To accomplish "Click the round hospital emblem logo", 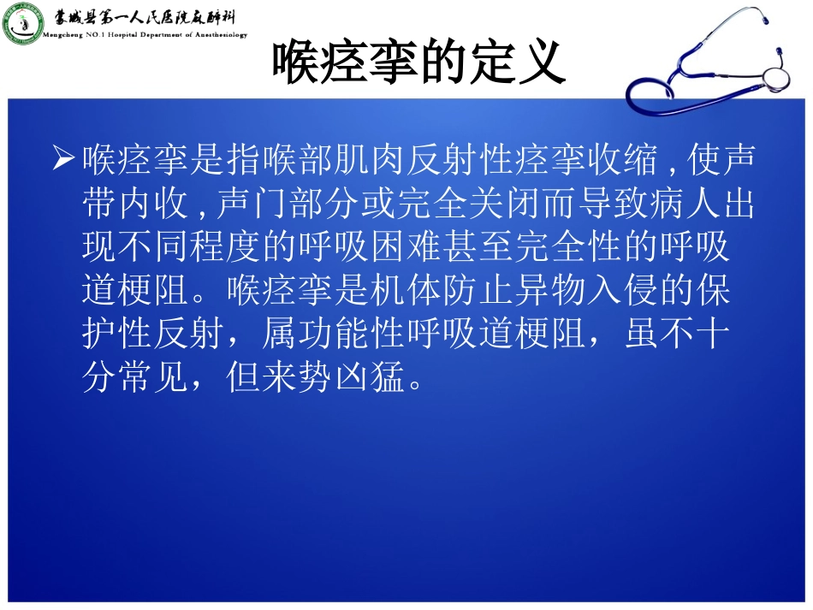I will point(23,23).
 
